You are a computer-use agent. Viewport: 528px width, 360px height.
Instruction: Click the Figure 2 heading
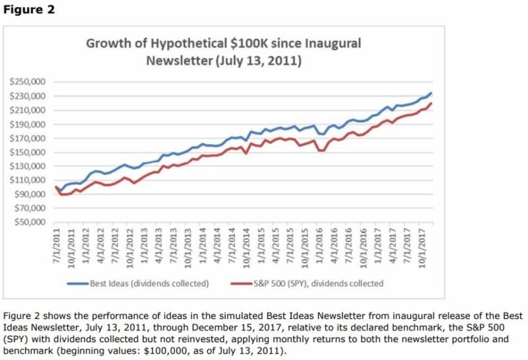coord(28,10)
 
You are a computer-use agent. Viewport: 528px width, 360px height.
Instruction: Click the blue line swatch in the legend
coord(79,283)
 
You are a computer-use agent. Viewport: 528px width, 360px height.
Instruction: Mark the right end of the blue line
coord(431,93)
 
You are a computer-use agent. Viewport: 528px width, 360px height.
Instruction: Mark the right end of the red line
coord(431,103)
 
